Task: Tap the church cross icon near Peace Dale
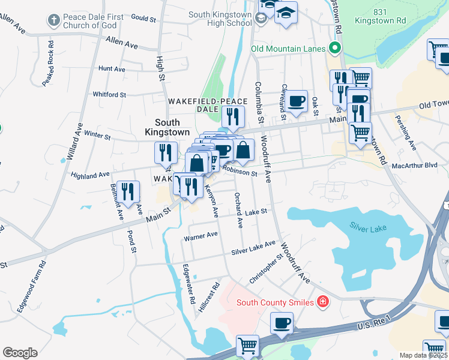54,20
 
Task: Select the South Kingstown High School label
220,19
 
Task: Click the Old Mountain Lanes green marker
334,49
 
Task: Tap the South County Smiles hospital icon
323,302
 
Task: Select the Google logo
19,352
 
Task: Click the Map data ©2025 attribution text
423,355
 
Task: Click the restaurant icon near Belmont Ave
128,191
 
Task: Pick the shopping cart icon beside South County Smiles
247,346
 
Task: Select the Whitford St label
109,94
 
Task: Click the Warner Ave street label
200,236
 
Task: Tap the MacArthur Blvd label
415,165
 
